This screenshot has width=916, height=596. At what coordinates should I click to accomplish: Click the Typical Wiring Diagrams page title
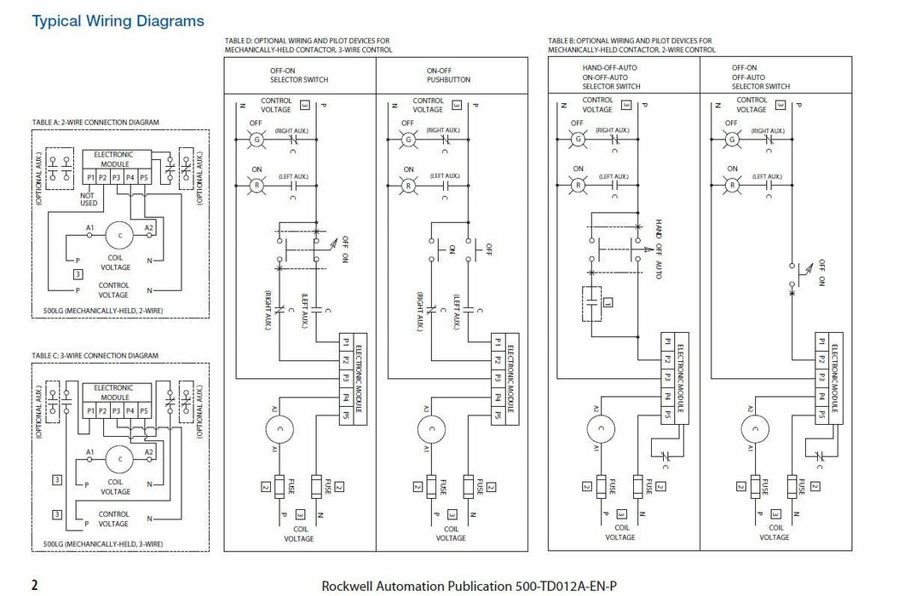118,20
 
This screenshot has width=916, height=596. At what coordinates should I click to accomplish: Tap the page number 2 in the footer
35,585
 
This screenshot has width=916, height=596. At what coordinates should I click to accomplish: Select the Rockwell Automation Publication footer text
468,586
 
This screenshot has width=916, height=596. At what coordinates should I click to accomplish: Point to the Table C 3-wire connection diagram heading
95,355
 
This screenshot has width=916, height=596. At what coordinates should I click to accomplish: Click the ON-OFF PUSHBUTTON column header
447,75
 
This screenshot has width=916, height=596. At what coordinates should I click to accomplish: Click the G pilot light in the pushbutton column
408,139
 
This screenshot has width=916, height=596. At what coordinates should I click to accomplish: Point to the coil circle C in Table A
120,234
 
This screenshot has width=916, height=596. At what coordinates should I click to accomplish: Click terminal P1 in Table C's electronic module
90,410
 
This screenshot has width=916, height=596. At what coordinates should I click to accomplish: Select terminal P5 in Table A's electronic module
143,177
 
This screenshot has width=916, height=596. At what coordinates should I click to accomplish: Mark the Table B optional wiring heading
631,45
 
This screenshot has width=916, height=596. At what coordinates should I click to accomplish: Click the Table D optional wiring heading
308,45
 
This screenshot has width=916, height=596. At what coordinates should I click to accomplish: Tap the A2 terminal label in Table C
149,452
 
